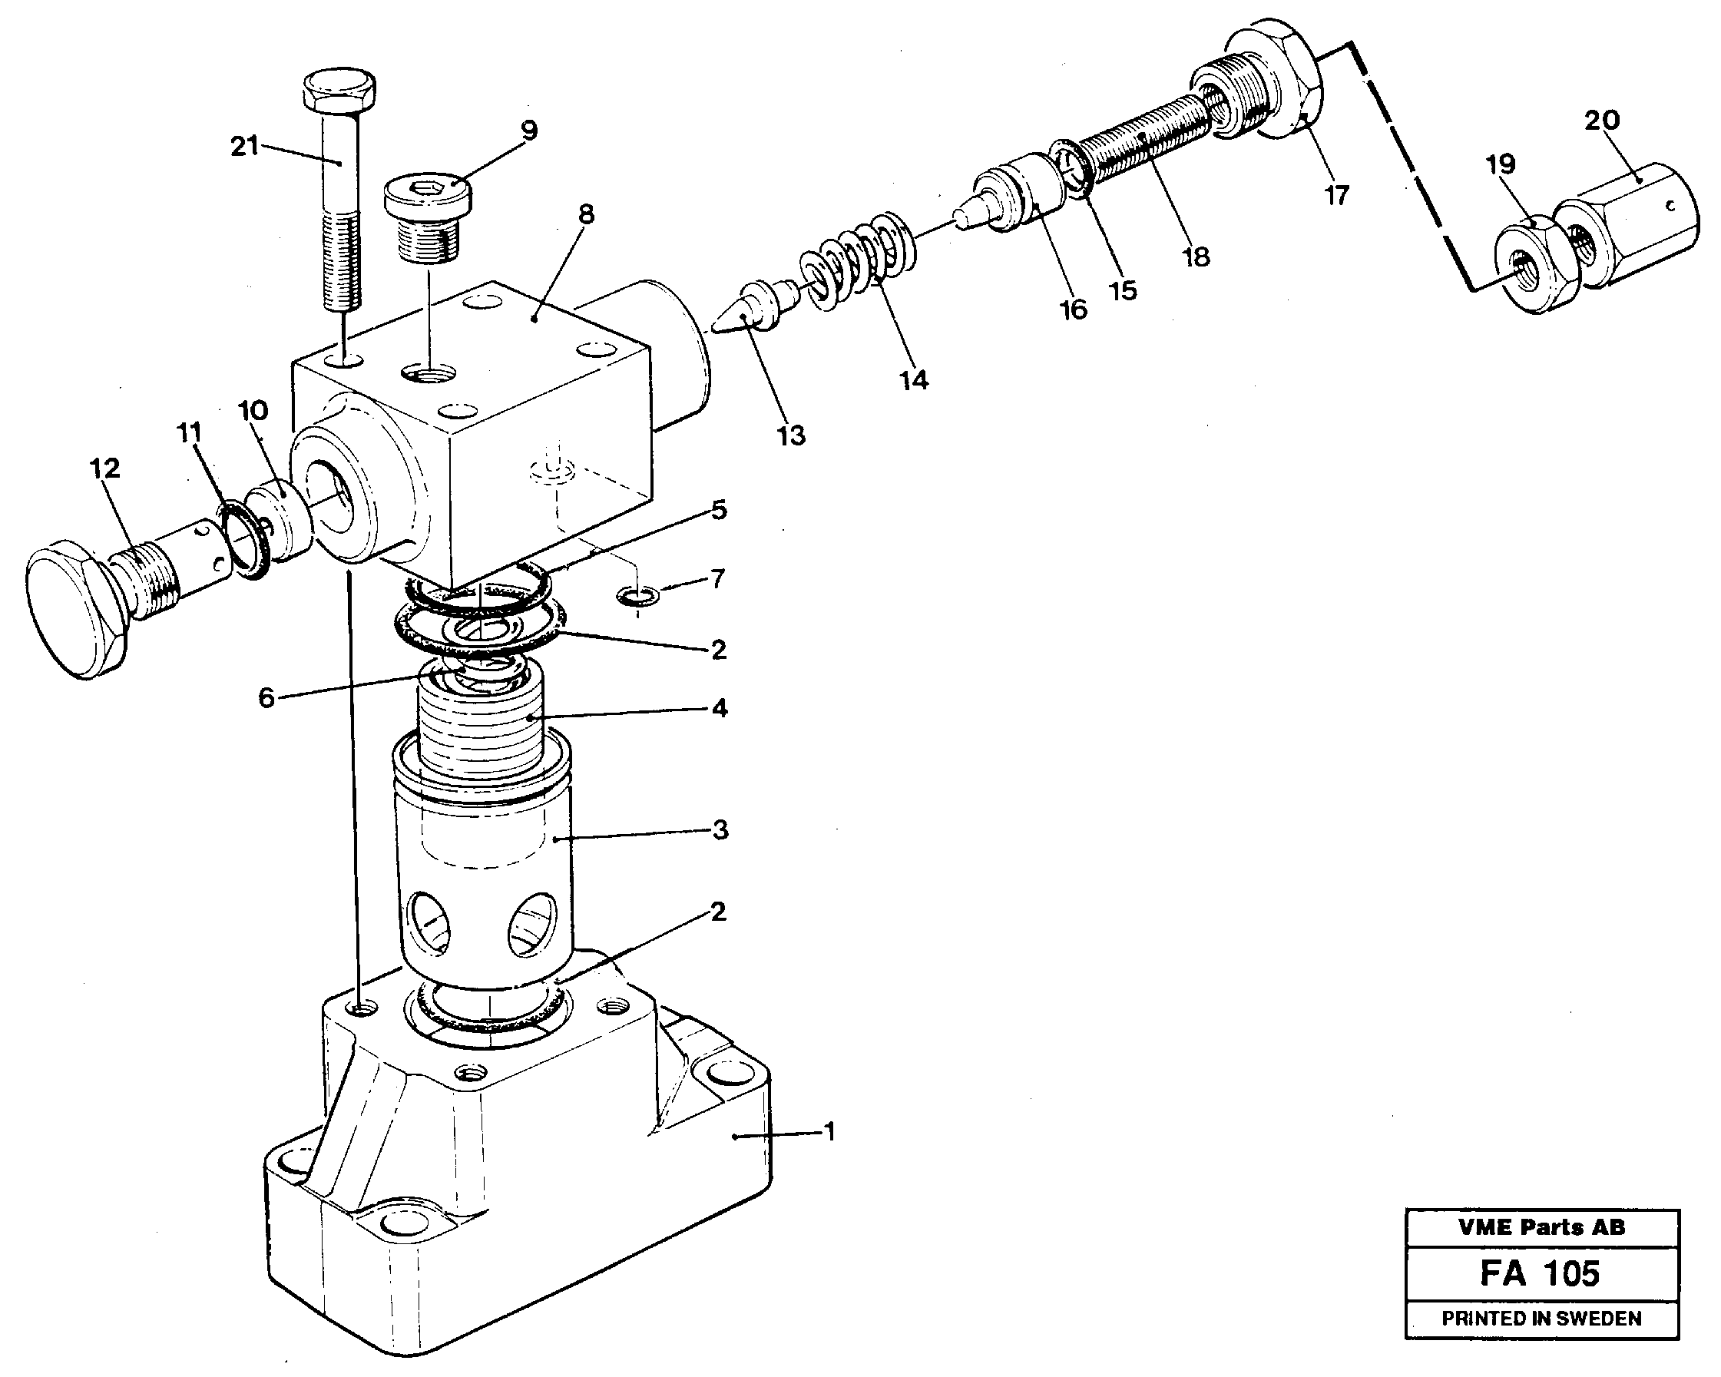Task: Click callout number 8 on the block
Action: pyautogui.click(x=587, y=215)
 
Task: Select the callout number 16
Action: pyautogui.click(x=1073, y=309)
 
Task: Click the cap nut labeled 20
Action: pyautogui.click(x=1628, y=217)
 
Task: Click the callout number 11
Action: pyautogui.click(x=189, y=432)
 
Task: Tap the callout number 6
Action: pyautogui.click(x=266, y=698)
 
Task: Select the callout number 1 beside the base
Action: pyautogui.click(x=829, y=1132)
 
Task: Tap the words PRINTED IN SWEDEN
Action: pyautogui.click(x=1541, y=1319)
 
